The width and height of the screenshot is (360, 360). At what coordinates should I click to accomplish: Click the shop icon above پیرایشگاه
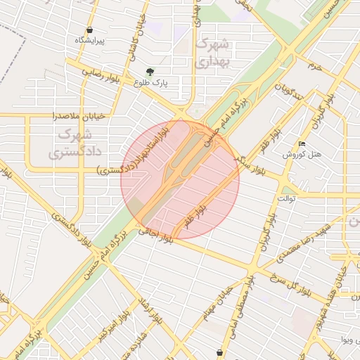[90, 30]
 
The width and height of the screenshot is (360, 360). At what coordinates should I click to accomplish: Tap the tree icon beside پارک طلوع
[150, 71]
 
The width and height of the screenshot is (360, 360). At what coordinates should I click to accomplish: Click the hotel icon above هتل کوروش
[302, 143]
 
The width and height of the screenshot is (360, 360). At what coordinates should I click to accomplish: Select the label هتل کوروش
[302, 154]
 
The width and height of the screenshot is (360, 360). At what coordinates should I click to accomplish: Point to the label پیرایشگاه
[90, 41]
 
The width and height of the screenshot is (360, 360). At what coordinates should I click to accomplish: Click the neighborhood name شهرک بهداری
[211, 53]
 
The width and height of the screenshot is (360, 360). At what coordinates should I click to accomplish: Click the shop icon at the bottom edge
[220, 352]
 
